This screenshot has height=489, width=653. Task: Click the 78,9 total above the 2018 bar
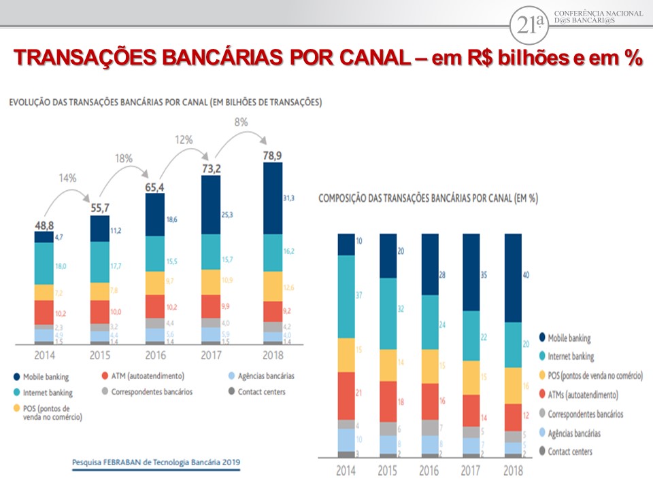tap(273, 156)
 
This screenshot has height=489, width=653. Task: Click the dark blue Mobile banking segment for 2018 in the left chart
tap(272, 198)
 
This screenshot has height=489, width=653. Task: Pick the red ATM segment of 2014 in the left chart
tap(44, 312)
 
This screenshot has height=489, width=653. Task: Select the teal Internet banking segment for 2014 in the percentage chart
tap(347, 296)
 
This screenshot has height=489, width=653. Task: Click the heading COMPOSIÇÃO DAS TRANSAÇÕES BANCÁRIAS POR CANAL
tap(428, 198)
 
